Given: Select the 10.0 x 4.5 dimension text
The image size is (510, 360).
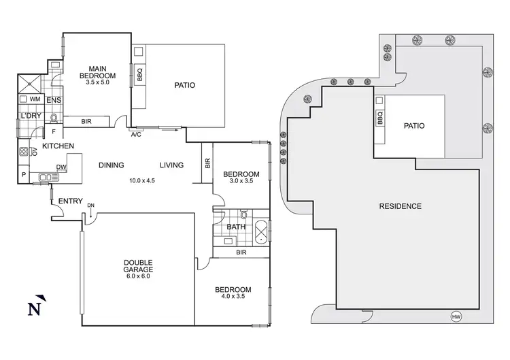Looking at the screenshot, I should [143, 180].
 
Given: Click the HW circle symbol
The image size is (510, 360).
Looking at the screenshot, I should [456, 316].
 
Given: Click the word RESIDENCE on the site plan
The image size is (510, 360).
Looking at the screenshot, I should [401, 206].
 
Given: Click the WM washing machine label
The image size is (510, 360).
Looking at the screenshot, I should [35, 99].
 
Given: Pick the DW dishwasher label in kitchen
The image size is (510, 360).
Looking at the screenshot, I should [61, 167].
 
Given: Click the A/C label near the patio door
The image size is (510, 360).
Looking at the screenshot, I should [136, 134].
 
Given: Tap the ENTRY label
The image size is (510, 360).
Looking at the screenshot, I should [71, 201].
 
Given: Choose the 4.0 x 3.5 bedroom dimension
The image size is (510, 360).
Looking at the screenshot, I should [233, 296].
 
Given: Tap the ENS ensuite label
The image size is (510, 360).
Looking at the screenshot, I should [54, 101].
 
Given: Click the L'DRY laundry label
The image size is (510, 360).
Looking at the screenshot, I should [31, 116].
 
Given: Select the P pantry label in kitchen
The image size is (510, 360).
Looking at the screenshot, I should [24, 176].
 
